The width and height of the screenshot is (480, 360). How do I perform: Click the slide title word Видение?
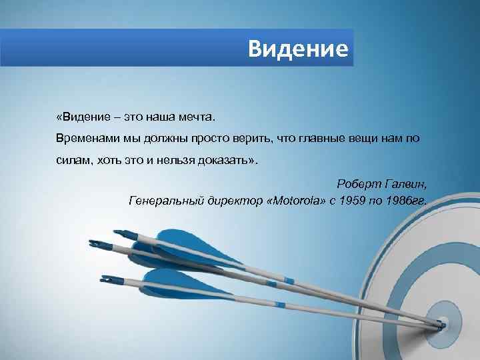coord(297,48)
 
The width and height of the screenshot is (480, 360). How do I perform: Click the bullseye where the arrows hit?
coord(441,326)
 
